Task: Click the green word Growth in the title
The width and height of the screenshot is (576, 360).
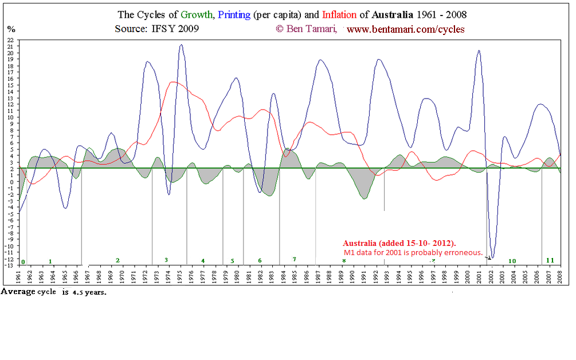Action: coord(198,14)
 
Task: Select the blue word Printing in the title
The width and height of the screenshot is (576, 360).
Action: coord(234,14)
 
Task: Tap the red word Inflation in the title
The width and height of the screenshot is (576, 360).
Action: coord(340,14)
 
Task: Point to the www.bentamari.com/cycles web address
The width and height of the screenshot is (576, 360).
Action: coord(405,29)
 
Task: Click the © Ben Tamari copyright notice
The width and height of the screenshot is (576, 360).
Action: coord(306,29)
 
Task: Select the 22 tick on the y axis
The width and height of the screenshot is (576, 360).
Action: coord(10,40)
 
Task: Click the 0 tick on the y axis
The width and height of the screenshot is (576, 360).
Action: coord(11,182)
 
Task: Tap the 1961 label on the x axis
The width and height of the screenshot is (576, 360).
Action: coord(19,278)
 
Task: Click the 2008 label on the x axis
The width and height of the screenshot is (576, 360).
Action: coord(560,278)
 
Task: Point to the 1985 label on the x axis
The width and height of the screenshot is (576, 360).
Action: coord(295,278)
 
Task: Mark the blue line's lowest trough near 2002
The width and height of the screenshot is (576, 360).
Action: coord(492,257)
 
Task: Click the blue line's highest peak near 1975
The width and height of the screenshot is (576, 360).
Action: coord(181,45)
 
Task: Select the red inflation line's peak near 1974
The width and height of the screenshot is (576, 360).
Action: coord(173,82)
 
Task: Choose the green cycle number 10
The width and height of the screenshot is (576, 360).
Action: coord(512,261)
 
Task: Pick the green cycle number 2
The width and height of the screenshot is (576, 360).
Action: coord(117,260)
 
